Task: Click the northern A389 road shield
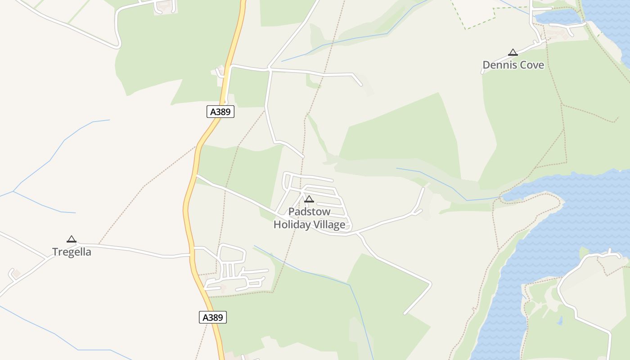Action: (x=220, y=112)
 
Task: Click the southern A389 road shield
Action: (x=212, y=317)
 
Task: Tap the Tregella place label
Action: (x=72, y=252)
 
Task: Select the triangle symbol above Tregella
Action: (x=71, y=239)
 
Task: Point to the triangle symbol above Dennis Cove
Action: (x=513, y=53)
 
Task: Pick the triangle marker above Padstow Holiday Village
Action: (x=309, y=199)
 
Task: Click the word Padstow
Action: (x=309, y=211)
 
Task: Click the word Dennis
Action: (x=498, y=65)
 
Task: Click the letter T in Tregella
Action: (x=55, y=252)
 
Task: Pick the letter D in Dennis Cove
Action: (x=486, y=65)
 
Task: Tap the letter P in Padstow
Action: (x=291, y=211)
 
